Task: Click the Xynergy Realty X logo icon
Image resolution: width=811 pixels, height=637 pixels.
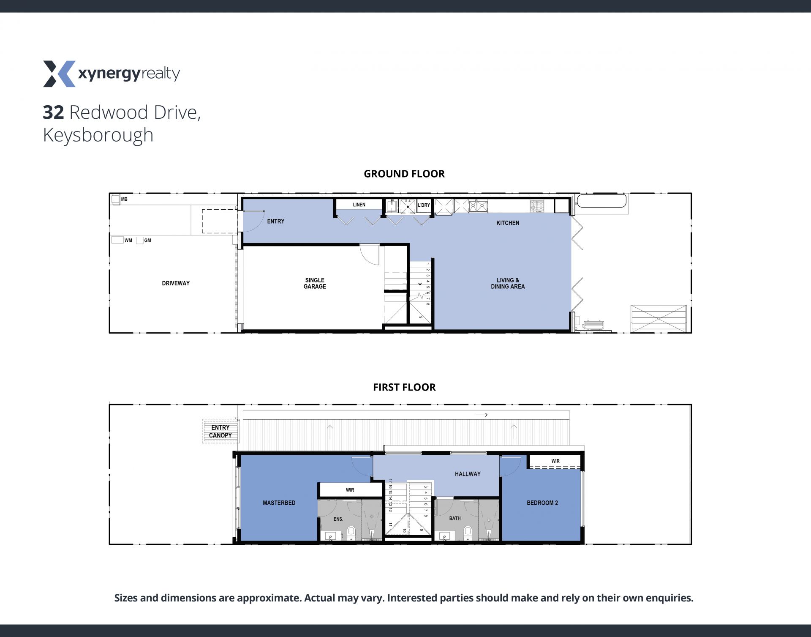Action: coord(59,74)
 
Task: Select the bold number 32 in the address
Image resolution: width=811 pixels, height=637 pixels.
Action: coord(53,112)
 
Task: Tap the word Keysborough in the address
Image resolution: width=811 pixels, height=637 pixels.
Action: coord(98,135)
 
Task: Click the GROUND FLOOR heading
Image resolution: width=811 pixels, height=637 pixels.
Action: coord(404,174)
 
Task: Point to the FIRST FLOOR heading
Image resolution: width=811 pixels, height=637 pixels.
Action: coord(404,387)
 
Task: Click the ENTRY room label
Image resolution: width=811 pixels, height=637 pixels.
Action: coord(276,221)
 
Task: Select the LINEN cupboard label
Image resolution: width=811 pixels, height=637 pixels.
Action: coord(359,205)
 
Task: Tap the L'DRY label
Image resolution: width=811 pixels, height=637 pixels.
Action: coord(424,205)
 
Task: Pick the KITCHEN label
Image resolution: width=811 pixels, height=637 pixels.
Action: coord(508,223)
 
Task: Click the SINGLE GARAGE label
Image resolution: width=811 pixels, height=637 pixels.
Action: coord(315,283)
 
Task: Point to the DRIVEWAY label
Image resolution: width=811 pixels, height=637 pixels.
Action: coord(176,283)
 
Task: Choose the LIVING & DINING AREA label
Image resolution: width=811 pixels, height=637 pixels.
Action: coord(508,283)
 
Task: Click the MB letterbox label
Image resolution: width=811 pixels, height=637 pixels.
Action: coord(124,199)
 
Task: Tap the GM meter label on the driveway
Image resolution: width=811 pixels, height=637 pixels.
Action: coord(147,241)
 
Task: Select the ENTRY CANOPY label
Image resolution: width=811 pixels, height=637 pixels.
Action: coord(220,431)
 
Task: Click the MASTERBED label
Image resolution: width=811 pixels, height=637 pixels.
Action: coord(279,503)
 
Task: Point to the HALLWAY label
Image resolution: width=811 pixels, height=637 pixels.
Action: coord(468,474)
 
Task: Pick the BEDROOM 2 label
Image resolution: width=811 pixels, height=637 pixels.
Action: coord(542,503)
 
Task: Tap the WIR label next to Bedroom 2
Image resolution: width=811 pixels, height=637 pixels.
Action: coord(555,461)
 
